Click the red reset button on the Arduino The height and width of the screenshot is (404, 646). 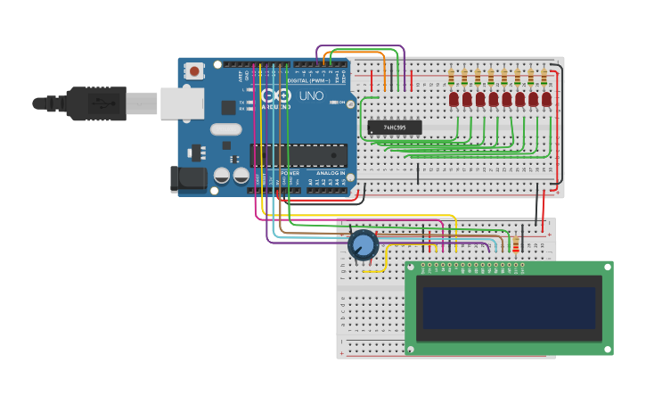tap(194, 70)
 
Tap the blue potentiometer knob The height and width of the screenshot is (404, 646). tap(364, 244)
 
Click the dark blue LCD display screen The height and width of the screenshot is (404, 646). tap(509, 308)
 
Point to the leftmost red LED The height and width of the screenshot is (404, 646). tap(454, 98)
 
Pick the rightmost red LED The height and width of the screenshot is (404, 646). tap(546, 98)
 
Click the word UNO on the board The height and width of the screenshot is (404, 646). tap(311, 95)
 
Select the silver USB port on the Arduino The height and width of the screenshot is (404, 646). tap(182, 103)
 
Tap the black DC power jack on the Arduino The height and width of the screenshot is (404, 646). tap(188, 177)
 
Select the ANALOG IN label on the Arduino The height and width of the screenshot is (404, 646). tap(331, 173)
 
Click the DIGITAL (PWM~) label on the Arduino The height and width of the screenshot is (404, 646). tap(308, 80)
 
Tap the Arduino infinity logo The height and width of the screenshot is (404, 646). tap(276, 95)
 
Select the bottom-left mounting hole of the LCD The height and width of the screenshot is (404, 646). tap(411, 349)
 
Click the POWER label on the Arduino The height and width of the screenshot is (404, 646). tap(290, 173)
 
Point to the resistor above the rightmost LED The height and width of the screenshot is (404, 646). tap(544, 75)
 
